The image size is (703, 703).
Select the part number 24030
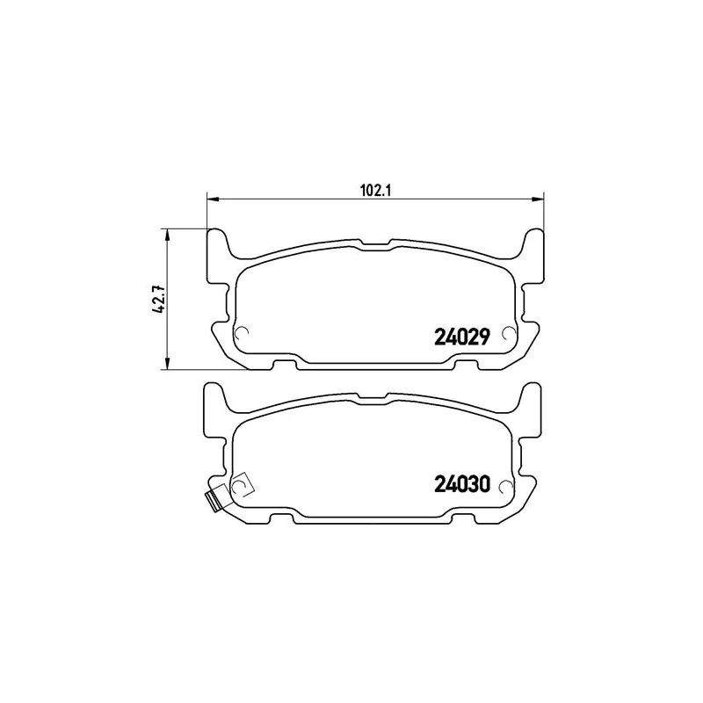(x=462, y=484)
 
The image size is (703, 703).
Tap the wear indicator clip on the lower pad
(x=211, y=498)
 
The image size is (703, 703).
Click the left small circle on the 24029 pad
(x=243, y=332)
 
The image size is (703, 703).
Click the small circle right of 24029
(x=506, y=332)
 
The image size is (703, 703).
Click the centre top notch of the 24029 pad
(x=374, y=241)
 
